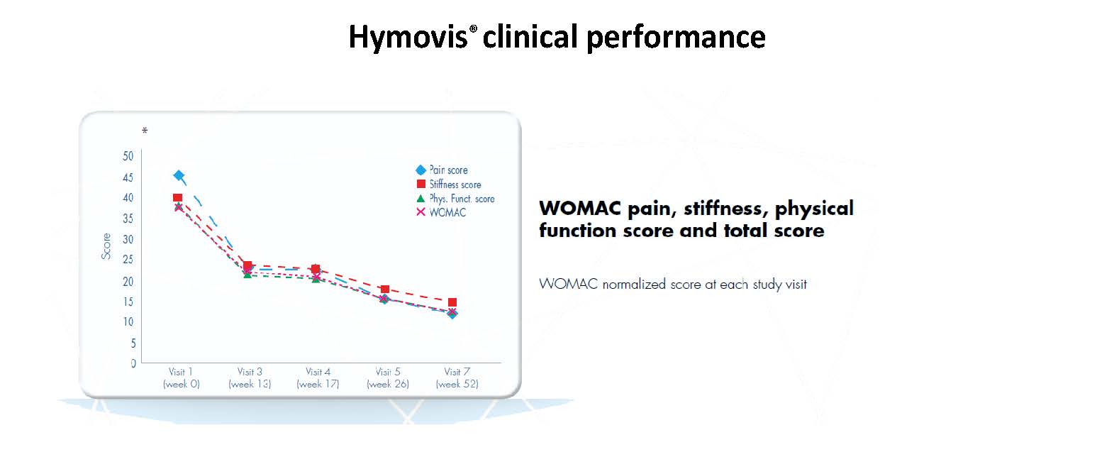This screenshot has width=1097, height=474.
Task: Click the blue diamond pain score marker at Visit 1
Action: click(x=179, y=175)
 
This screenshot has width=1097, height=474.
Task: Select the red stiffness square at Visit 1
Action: click(x=178, y=198)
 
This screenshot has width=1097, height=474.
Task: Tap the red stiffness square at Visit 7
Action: click(x=452, y=302)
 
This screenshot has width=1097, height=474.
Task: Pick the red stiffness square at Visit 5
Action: click(x=384, y=290)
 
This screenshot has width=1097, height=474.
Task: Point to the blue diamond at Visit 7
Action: click(x=452, y=314)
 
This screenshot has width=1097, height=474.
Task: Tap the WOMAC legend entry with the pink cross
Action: click(x=447, y=212)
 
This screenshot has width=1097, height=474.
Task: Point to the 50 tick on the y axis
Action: click(x=128, y=156)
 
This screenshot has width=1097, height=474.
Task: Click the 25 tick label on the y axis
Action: click(x=128, y=260)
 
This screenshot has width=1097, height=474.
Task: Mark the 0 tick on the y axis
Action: click(x=133, y=363)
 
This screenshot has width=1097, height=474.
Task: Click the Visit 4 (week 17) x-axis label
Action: click(x=318, y=378)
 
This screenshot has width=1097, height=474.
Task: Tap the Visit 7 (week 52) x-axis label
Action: click(x=457, y=378)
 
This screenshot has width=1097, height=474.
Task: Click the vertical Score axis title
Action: click(x=106, y=246)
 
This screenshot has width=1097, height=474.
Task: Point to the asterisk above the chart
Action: click(x=145, y=131)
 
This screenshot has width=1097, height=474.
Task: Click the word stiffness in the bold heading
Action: click(x=719, y=209)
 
